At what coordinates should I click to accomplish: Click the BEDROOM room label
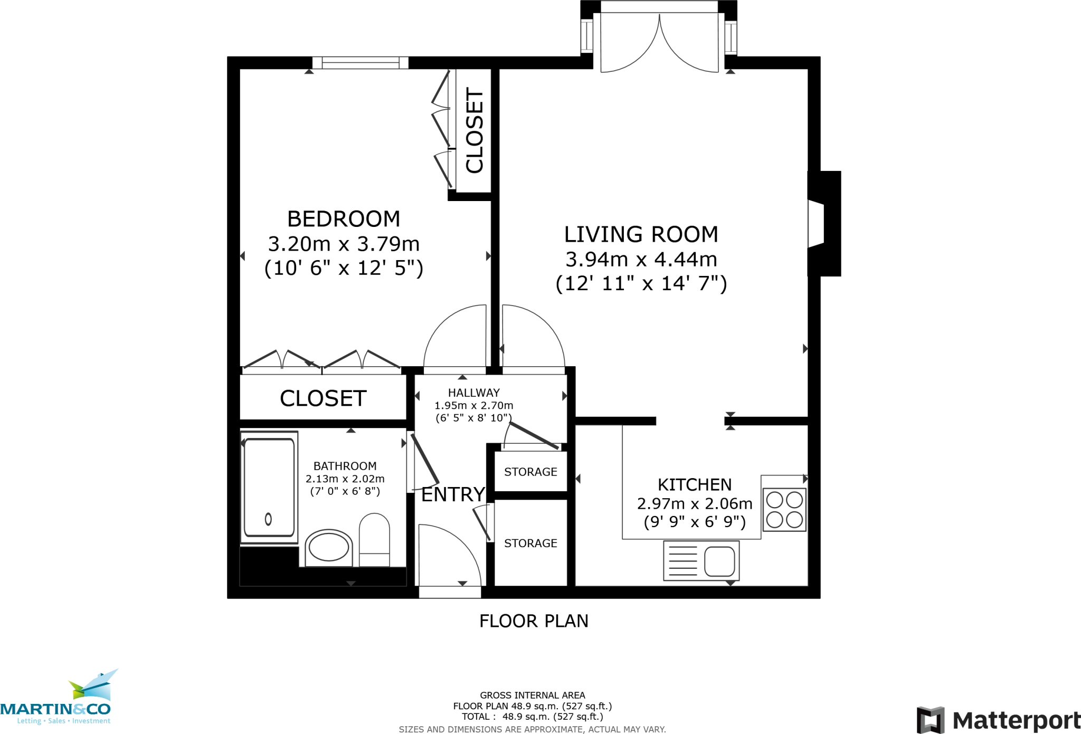pyautogui.click(x=344, y=218)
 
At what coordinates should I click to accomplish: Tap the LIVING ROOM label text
pyautogui.click(x=641, y=234)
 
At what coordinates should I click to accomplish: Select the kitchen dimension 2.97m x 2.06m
pyautogui.click(x=694, y=503)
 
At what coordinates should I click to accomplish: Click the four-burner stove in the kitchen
pyautogui.click(x=784, y=509)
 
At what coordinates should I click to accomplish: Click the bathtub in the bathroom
pyautogui.click(x=269, y=487)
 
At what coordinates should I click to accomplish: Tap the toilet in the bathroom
pyautogui.click(x=374, y=539)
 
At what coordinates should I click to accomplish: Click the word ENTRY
pyautogui.click(x=453, y=494)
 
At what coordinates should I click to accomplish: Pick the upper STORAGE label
pyautogui.click(x=530, y=472)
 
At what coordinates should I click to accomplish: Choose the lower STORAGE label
pyautogui.click(x=530, y=543)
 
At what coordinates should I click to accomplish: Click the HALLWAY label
pyautogui.click(x=473, y=393)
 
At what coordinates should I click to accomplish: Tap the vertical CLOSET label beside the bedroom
pyautogui.click(x=474, y=130)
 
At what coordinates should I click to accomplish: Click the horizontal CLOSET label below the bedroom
pyautogui.click(x=323, y=398)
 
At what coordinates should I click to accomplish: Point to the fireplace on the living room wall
pyautogui.click(x=823, y=223)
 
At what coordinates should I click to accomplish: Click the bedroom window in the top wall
pyautogui.click(x=361, y=63)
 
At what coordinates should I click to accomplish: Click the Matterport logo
pyautogui.click(x=998, y=720)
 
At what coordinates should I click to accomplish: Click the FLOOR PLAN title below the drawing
pyautogui.click(x=534, y=621)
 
